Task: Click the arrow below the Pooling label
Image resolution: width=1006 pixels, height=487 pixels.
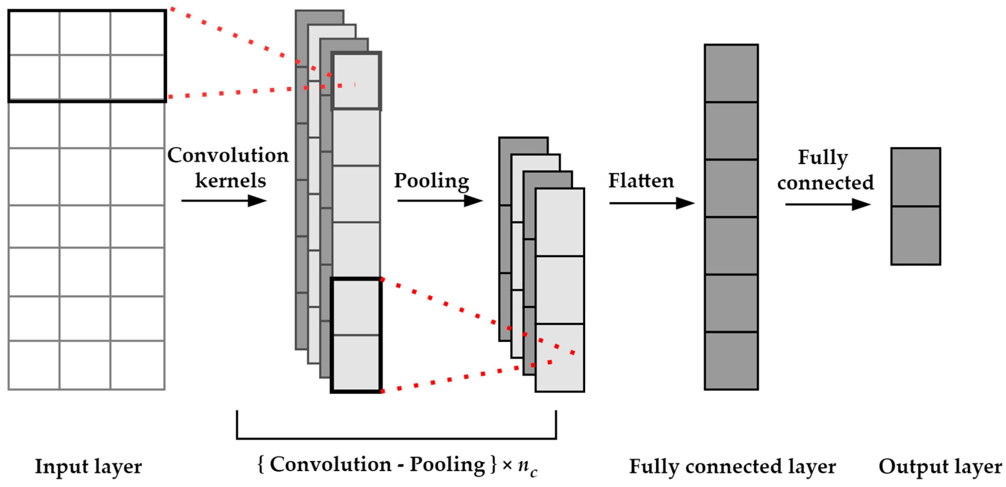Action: [x=439, y=201]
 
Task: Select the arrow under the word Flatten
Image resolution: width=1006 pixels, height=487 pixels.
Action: [x=651, y=203]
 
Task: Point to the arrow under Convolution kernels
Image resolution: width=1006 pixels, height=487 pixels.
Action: [x=223, y=201]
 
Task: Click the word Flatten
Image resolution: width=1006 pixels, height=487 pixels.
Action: [x=641, y=181]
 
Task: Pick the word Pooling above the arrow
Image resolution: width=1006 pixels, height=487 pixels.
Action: [x=431, y=181]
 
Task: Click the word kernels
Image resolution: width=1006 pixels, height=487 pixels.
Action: [x=231, y=181]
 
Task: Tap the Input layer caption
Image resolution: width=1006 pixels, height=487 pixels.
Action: [x=88, y=466]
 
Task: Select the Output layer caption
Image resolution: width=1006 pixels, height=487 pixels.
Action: [x=940, y=466]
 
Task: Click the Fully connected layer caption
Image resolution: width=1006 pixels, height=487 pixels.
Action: [x=732, y=466]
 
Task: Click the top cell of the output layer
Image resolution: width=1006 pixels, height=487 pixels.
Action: [x=915, y=177]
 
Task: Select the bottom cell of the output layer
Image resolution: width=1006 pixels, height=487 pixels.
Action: [x=915, y=236]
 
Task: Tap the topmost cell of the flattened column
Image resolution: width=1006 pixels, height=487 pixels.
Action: [x=731, y=73]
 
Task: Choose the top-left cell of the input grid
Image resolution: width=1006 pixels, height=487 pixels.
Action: [x=34, y=33]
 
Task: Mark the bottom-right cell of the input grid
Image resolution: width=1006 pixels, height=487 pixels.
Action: [x=137, y=365]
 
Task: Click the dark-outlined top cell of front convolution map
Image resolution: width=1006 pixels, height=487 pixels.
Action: [x=356, y=81]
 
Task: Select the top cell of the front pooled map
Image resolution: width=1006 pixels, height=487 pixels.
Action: [x=560, y=222]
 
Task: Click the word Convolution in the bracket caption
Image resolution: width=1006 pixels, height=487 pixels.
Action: [x=330, y=464]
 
